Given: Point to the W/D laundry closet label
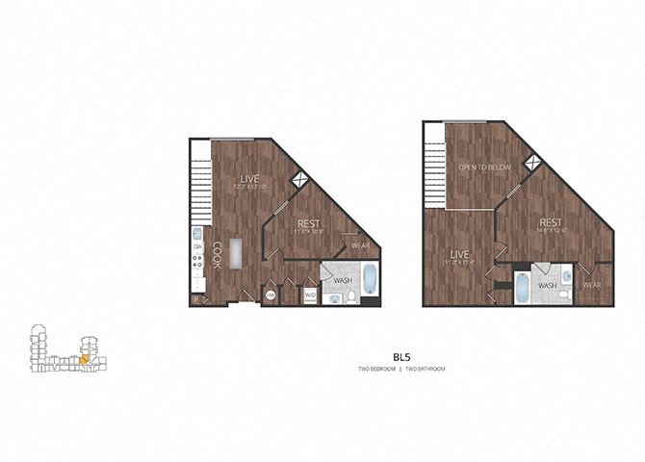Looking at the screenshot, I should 310,295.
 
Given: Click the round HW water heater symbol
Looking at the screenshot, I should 271,295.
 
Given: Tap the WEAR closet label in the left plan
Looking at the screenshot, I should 361,245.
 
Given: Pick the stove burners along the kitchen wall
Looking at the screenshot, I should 196,269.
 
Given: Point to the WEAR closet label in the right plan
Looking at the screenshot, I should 592,285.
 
